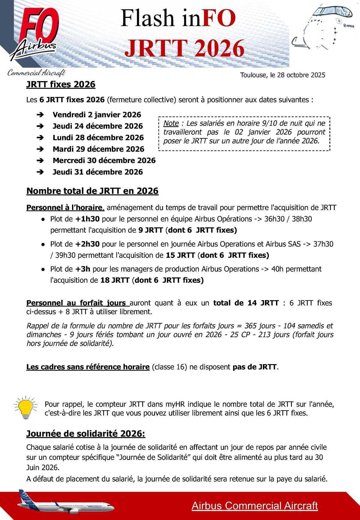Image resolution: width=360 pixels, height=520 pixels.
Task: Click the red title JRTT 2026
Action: [x=184, y=48]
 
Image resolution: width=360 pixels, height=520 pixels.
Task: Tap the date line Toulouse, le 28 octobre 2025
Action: [x=282, y=75]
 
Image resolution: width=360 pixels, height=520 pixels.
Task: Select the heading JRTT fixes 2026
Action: [x=61, y=84]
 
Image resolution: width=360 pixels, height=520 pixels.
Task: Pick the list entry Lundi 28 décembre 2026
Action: [x=98, y=137]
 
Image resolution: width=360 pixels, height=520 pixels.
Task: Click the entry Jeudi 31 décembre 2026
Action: [x=97, y=172]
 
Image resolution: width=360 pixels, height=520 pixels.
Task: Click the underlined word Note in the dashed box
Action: [x=171, y=123]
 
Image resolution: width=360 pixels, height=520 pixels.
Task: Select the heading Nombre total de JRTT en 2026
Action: [x=92, y=191]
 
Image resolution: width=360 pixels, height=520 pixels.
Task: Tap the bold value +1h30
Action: [x=87, y=219]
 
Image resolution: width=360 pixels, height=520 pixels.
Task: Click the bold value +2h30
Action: [x=87, y=244]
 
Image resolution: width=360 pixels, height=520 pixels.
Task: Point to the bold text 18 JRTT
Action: [x=115, y=280]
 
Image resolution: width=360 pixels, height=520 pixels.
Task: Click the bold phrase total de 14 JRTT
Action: [x=246, y=303]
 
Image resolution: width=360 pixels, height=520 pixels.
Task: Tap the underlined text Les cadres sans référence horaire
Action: [x=88, y=367]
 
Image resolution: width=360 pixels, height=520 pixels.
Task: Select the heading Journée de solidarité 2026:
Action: [x=86, y=434]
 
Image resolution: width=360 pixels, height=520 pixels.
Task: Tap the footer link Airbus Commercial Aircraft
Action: [x=255, y=506]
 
